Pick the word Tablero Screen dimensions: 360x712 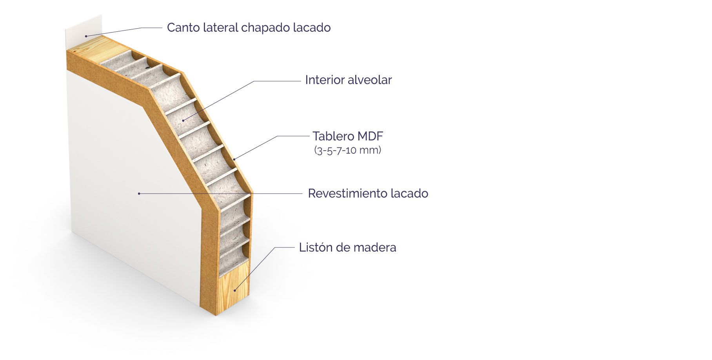click(333, 136)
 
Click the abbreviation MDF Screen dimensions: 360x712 click(371, 136)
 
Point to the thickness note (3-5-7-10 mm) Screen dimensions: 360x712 click(347, 150)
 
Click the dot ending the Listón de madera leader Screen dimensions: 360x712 click(235, 290)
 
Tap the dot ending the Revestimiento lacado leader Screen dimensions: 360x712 click(139, 193)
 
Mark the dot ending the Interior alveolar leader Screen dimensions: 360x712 click(183, 120)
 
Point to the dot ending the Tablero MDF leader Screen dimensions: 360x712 click(234, 159)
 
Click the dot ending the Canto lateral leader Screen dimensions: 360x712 click(86, 36)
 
